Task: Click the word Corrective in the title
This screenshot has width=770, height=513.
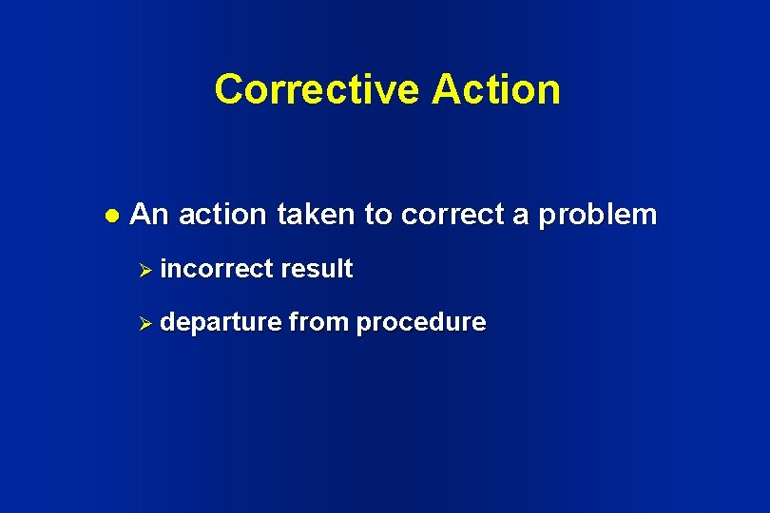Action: [316, 89]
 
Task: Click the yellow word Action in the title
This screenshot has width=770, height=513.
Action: [495, 89]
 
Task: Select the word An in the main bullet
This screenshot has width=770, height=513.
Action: [148, 215]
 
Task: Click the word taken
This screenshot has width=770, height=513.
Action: [316, 215]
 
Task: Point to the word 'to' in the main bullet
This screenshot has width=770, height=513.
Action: [377, 215]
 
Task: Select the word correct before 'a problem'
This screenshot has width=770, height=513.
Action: [452, 215]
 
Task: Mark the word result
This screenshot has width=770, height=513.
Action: [316, 269]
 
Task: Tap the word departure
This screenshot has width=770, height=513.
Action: [221, 323]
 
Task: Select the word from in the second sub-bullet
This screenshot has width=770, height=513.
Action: [318, 323]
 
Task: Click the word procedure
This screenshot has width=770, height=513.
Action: [421, 323]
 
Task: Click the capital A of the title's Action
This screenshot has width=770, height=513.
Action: [446, 89]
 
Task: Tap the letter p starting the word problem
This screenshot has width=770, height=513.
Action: [547, 218]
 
